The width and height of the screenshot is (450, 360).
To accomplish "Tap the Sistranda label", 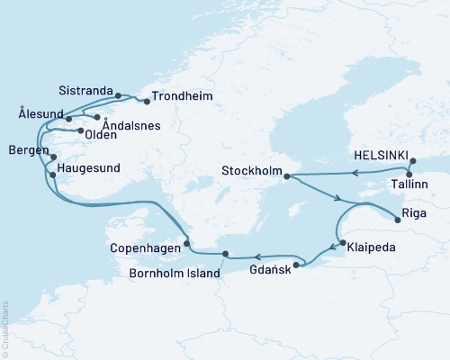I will [85, 91].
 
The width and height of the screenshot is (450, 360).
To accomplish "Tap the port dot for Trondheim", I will [147, 102].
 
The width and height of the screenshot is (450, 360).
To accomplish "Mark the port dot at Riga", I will [396, 216].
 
